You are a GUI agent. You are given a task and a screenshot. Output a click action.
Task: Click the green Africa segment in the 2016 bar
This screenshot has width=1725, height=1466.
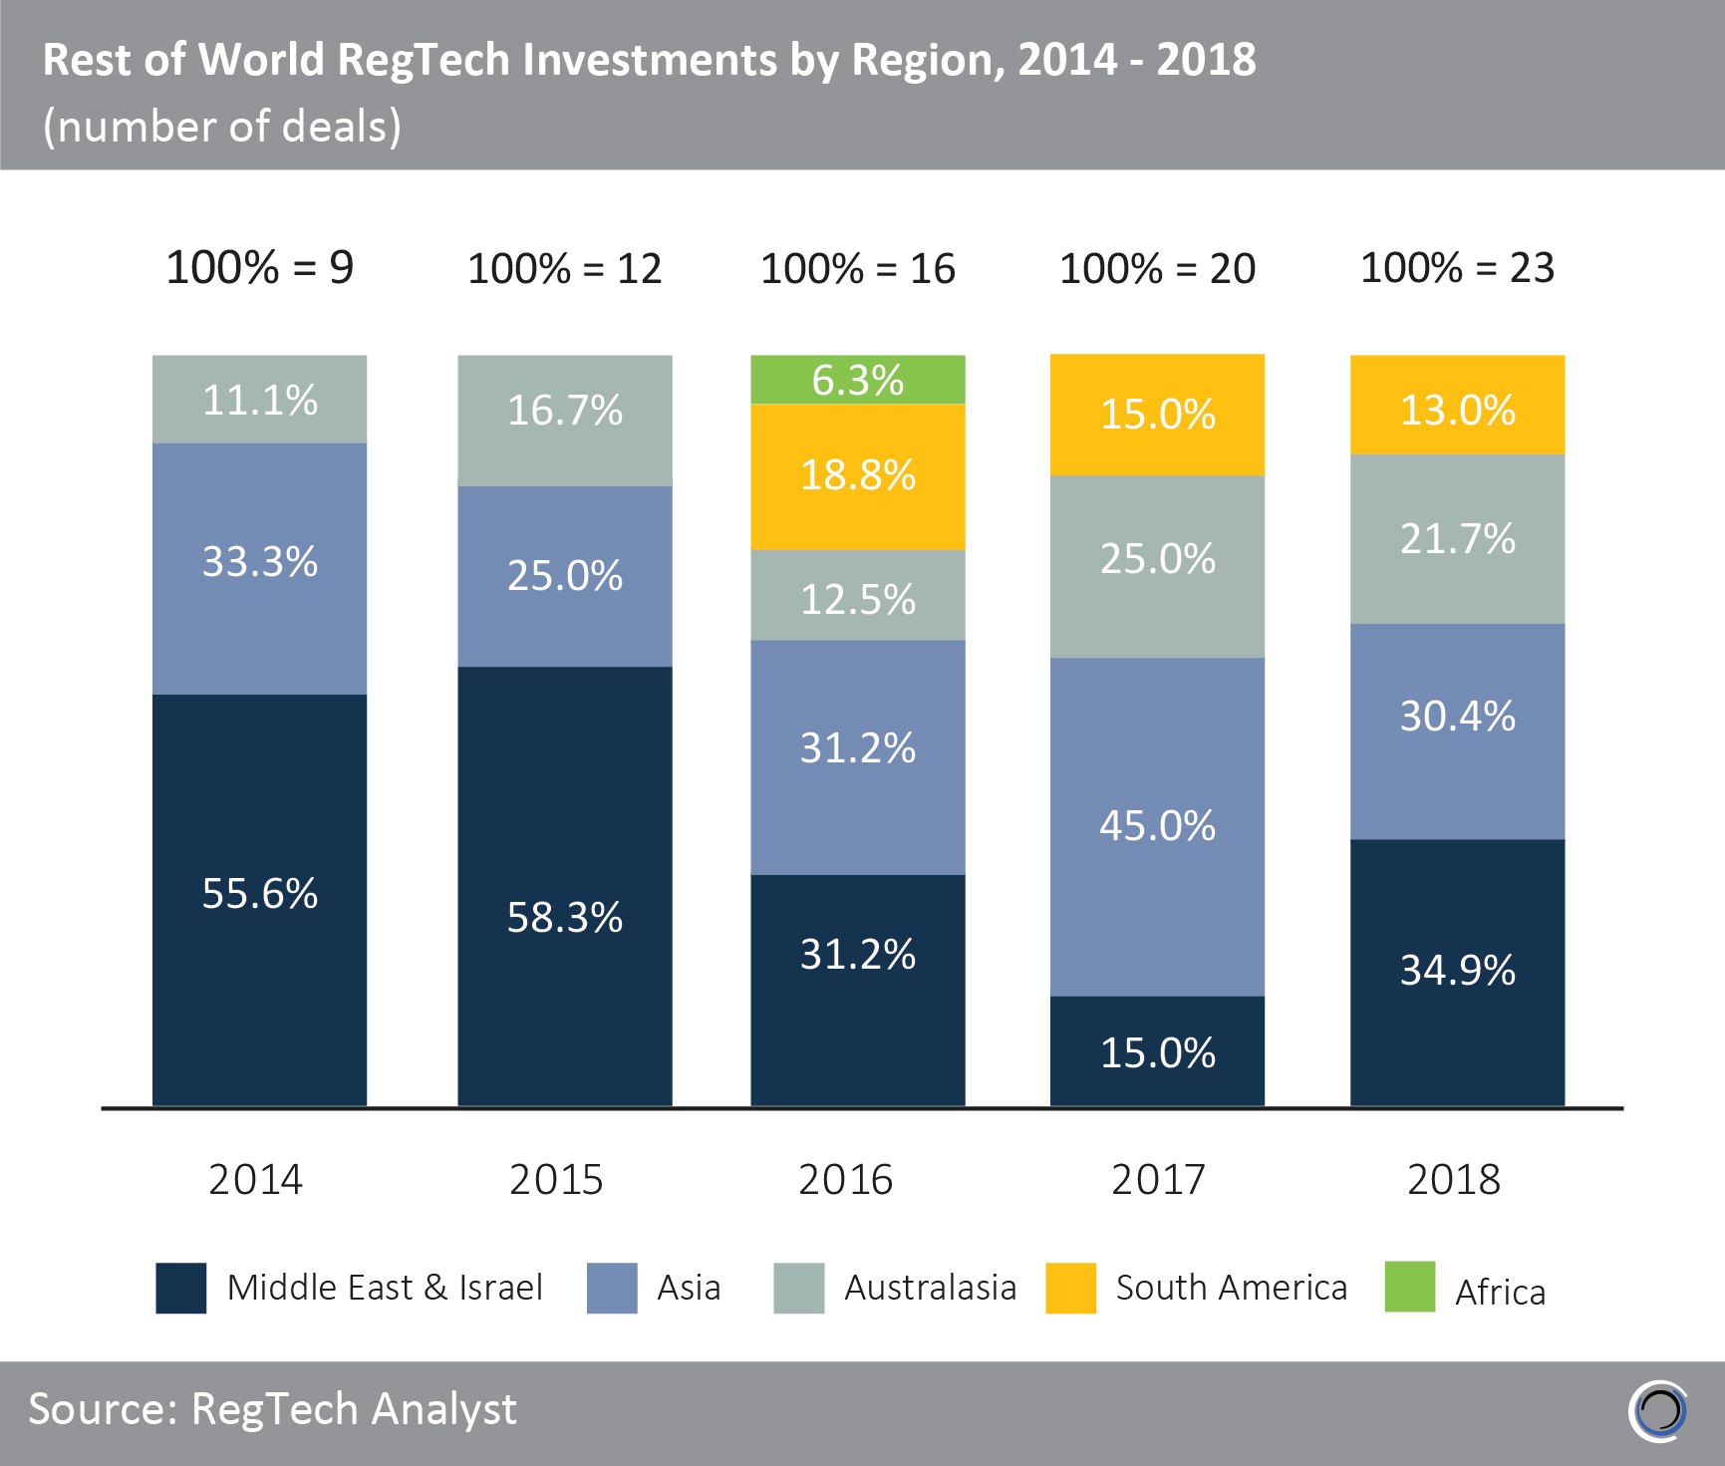[857, 380]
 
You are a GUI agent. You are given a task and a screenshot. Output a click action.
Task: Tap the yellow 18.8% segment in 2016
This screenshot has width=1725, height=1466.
[857, 476]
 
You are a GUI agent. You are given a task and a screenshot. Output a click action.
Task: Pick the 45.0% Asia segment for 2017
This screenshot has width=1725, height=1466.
[1157, 826]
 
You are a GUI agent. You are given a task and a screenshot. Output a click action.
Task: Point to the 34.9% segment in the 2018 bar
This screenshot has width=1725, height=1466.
[1457, 972]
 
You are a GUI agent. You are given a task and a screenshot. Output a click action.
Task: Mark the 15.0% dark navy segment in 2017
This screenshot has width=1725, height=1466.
[1157, 1050]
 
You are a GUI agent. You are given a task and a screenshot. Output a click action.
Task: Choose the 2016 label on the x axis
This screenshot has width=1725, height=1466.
[845, 1180]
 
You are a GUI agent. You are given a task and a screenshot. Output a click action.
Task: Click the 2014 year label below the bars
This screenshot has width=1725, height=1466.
[255, 1180]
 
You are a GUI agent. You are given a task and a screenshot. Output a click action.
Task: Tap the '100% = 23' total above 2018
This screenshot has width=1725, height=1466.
[1457, 268]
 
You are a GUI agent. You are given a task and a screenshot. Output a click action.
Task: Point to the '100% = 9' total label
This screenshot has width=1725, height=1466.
[259, 268]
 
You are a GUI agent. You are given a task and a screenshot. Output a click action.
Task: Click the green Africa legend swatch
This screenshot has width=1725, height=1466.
[1409, 1287]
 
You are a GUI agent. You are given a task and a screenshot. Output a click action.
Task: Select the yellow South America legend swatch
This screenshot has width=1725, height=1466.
[1070, 1288]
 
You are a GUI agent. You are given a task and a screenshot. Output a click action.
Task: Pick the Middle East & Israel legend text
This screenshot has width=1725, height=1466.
[385, 1288]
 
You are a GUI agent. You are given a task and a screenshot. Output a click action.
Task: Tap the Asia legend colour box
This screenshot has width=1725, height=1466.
[612, 1288]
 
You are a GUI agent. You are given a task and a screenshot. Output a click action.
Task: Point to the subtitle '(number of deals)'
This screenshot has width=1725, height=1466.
[222, 127]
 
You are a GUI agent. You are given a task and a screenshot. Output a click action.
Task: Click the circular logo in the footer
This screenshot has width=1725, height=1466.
[1659, 1411]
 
